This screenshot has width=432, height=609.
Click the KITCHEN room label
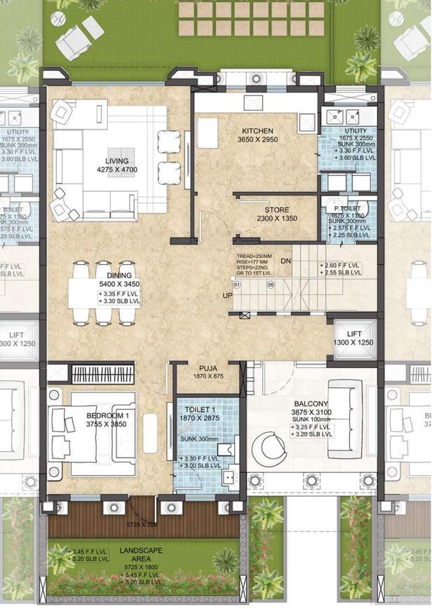coord(257,131)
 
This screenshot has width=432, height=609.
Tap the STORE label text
coord(277,210)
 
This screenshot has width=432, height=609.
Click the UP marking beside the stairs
coord(227,296)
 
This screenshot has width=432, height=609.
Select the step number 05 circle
coord(270,285)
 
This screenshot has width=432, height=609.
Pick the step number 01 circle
coord(237,285)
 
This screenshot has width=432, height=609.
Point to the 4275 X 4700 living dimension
coord(117,169)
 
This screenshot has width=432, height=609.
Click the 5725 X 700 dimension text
coord(143,524)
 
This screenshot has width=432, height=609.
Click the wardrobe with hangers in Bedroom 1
coord(102,374)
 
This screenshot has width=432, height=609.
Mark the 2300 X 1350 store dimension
coord(277,219)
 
